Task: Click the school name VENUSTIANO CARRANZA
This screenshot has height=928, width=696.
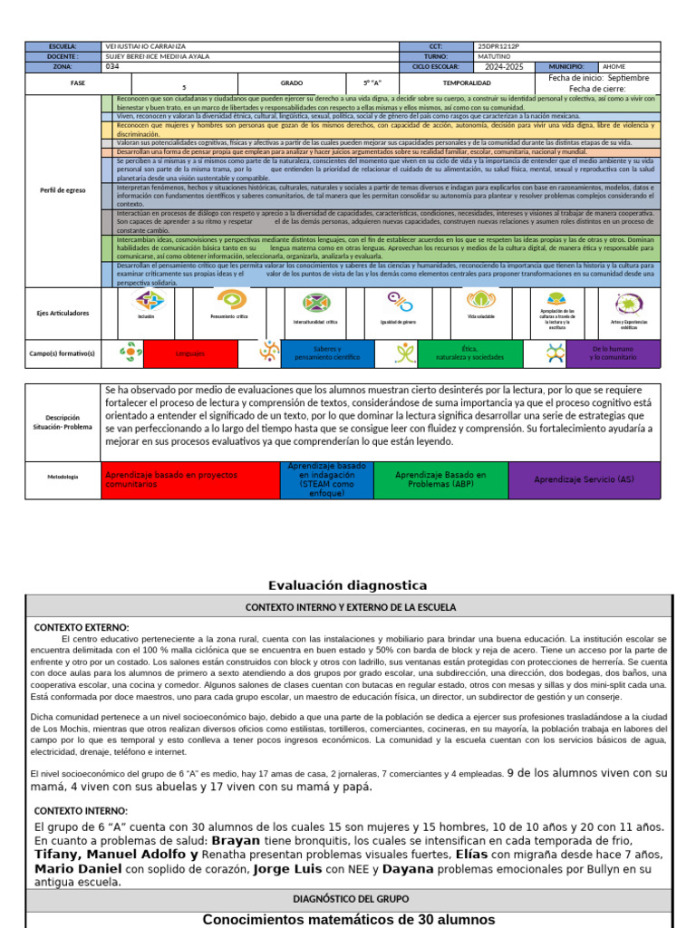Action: pyautogui.click(x=149, y=46)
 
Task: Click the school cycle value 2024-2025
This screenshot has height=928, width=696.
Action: pyautogui.click(x=506, y=66)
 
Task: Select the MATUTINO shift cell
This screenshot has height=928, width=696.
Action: pyautogui.click(x=496, y=56)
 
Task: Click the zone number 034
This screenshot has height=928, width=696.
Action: pyautogui.click(x=112, y=66)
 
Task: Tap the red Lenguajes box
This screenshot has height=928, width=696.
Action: pyautogui.click(x=190, y=353)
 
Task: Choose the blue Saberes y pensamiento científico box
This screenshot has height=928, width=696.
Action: pyautogui.click(x=326, y=353)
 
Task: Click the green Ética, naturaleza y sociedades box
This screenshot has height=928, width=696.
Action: pyautogui.click(x=469, y=353)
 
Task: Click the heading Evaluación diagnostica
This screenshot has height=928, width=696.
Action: pyautogui.click(x=348, y=585)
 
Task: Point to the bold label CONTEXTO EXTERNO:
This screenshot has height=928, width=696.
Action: pyautogui.click(x=82, y=627)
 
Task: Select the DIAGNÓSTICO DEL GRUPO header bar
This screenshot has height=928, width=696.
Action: pyautogui.click(x=351, y=900)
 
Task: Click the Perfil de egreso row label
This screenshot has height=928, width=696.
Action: pyautogui.click(x=63, y=189)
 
